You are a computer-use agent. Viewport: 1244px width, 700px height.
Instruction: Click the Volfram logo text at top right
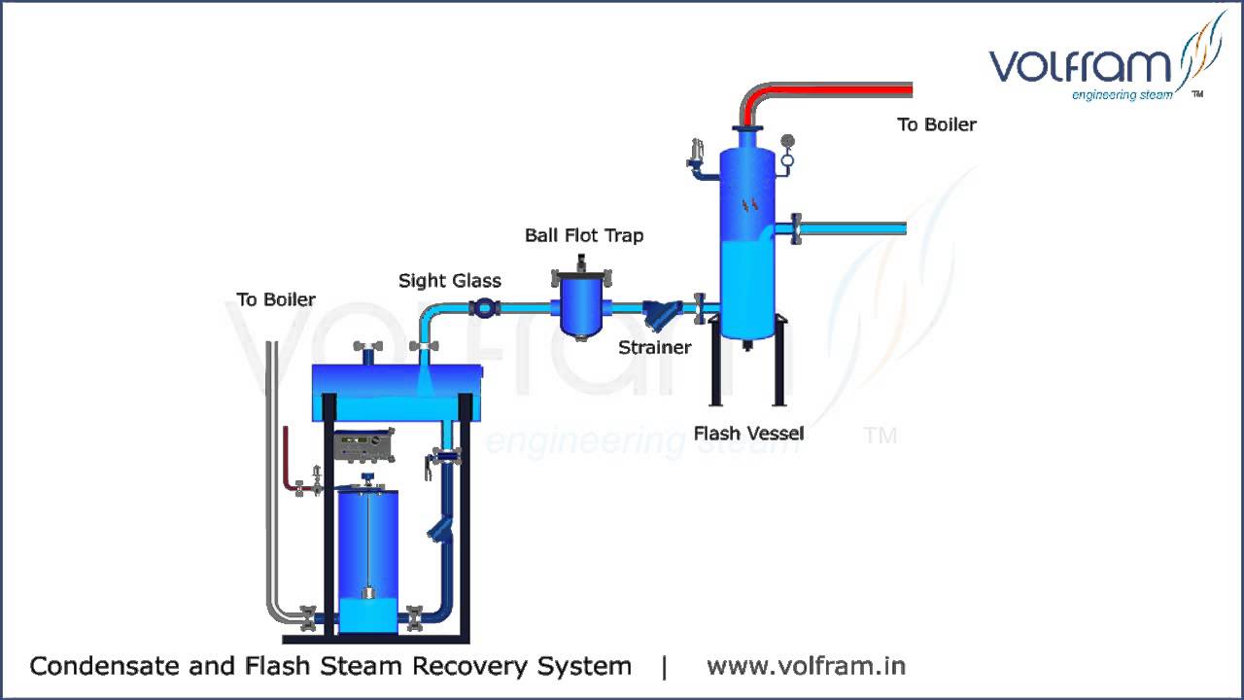pos(1081,66)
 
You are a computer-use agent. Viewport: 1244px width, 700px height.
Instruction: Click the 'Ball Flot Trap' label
pos(584,235)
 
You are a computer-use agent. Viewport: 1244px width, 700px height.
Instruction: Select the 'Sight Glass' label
pos(450,281)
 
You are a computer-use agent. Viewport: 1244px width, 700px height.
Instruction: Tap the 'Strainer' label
pos(655,347)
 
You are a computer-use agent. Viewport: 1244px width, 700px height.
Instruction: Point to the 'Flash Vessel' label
pos(748,434)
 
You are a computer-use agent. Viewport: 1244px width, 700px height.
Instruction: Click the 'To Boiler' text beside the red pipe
pos(936,124)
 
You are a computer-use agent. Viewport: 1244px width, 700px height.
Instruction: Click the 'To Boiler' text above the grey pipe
pos(276,299)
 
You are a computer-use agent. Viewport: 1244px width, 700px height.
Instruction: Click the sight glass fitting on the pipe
pos(483,308)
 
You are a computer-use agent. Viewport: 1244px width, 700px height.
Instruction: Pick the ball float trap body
pos(580,305)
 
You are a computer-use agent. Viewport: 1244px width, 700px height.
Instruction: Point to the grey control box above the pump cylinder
pos(363,447)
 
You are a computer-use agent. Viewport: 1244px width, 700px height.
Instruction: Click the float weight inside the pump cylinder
pos(368,593)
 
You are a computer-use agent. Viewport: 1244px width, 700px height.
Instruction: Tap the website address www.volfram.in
pos(806,666)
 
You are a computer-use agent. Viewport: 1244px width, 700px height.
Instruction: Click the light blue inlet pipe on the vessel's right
pos(855,228)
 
